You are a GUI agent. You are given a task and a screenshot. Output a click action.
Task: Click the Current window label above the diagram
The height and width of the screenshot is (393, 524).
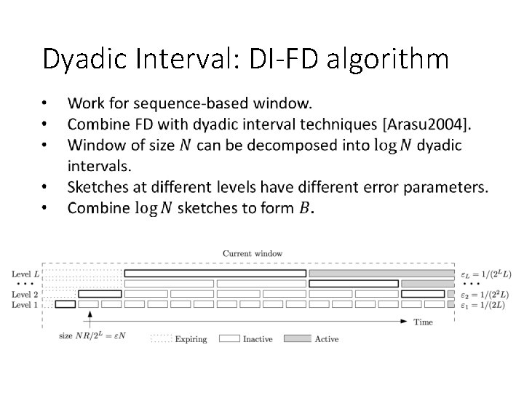[x=252, y=253]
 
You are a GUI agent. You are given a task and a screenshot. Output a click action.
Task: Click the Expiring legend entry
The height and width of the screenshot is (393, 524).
[x=191, y=339]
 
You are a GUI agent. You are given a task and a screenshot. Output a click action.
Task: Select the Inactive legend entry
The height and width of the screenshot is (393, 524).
[x=258, y=339]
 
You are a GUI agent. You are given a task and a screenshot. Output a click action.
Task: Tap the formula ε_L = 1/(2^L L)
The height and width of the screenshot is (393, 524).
[x=486, y=274]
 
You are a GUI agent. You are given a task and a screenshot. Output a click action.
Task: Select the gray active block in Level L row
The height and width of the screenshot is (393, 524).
[x=381, y=274]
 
